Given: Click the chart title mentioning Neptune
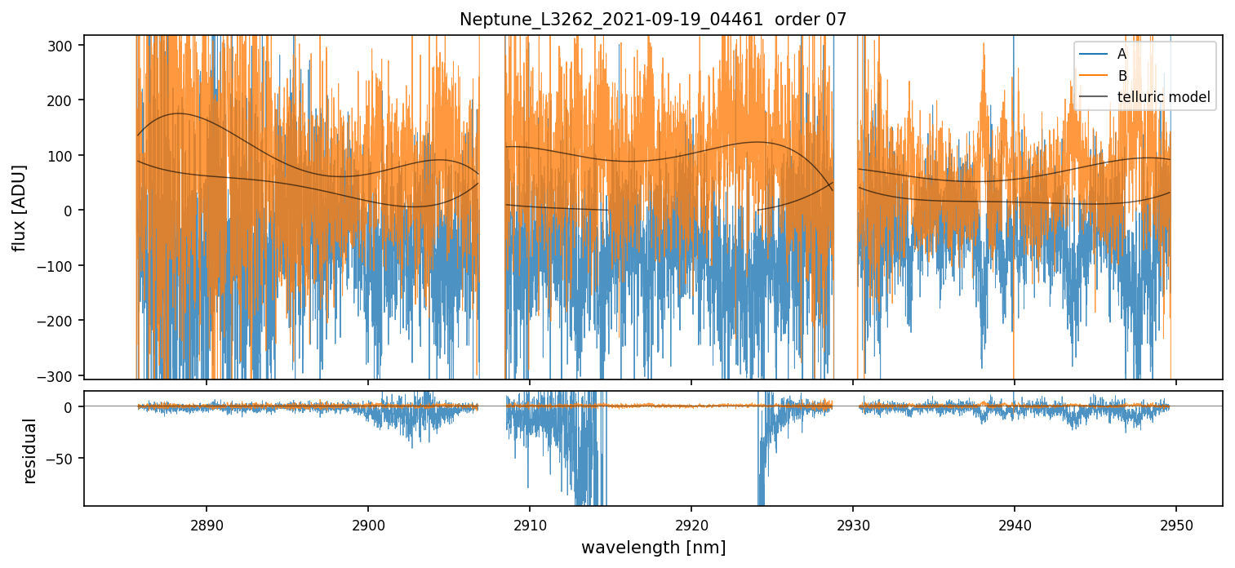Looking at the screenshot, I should coord(653,20).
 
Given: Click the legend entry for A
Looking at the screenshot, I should coord(1122,54).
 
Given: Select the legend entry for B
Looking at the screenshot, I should coord(1122,76).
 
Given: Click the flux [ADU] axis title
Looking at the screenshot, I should coord(19,208).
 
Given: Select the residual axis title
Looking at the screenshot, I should coord(30,450).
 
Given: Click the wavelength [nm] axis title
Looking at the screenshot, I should coord(653,547).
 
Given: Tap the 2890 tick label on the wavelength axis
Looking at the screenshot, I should coord(206,523).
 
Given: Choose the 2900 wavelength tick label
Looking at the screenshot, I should coord(367,523).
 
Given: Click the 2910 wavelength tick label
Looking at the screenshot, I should coord(530,523).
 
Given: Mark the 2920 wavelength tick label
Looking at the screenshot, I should coord(691,523).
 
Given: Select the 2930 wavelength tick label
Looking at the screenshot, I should coord(853,523).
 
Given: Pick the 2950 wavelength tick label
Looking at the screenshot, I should coord(1175,523).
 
